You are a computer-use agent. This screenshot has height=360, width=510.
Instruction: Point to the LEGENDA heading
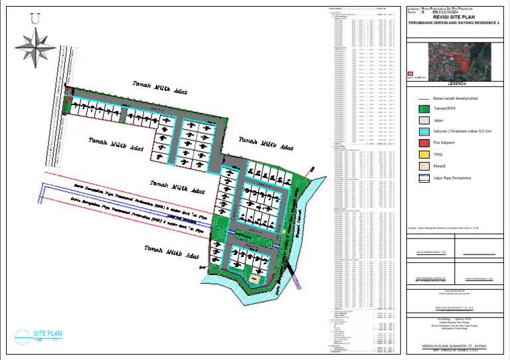pos(456,84)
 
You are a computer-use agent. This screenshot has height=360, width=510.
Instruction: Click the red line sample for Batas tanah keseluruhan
pos(414,98)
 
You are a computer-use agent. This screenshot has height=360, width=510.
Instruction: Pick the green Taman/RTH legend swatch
pos(414,109)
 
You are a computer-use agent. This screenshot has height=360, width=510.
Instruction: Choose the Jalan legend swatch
pos(414,120)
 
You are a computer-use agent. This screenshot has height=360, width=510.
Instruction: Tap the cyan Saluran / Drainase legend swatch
pos(414,132)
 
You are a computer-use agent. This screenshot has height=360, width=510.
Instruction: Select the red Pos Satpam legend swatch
pos(414,143)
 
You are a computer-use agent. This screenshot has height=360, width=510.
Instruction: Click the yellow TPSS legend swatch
pos(414,154)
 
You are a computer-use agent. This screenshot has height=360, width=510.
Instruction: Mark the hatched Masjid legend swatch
pos(414,165)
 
